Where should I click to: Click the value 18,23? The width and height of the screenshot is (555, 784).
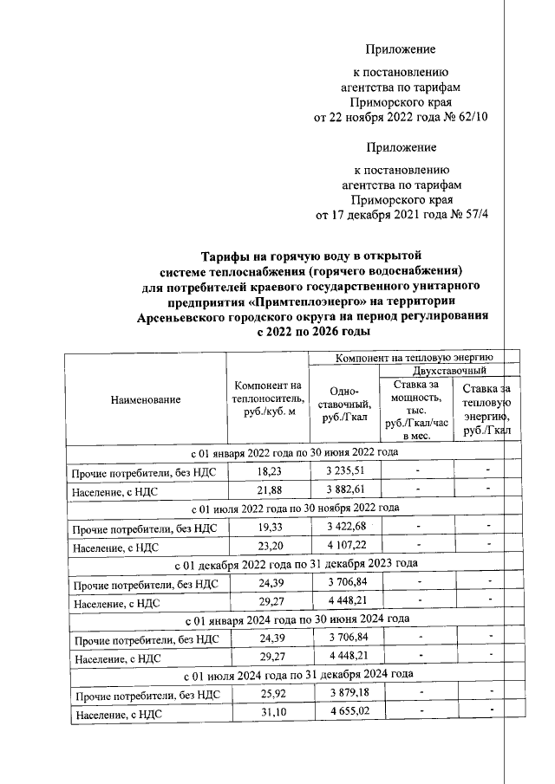265,471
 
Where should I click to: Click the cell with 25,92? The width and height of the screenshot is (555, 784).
265,694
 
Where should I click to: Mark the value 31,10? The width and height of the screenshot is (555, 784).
265,714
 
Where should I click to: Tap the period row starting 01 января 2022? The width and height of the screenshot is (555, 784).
295,452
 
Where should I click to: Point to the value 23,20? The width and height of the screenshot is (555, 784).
265,547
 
